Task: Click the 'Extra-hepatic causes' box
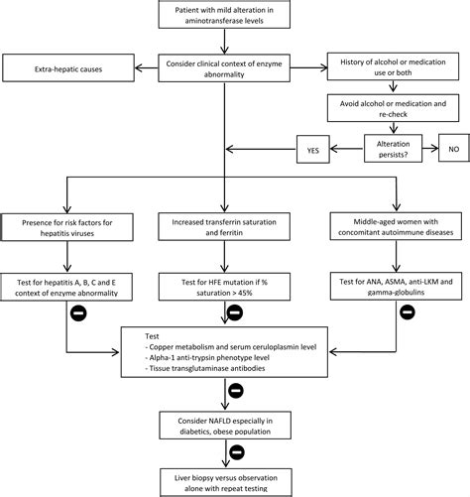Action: pyautogui.click(x=68, y=68)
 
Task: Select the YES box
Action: pyautogui.click(x=313, y=149)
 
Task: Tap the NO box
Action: pyautogui.click(x=454, y=148)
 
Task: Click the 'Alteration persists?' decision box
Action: pyautogui.click(x=393, y=148)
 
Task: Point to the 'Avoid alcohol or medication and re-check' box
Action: pyautogui.click(x=393, y=108)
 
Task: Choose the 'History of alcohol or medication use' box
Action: pyautogui.click(x=393, y=66)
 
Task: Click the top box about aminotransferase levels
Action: pyautogui.click(x=224, y=14)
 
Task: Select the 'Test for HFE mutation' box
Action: pyautogui.click(x=224, y=287)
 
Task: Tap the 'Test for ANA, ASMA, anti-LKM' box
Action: pyautogui.click(x=396, y=286)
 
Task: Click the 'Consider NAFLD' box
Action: pyautogui.click(x=225, y=426)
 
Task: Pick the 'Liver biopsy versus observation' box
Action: pyautogui.click(x=226, y=482)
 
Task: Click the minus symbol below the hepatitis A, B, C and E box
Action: pyautogui.click(x=78, y=312)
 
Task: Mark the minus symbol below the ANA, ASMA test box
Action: pyautogui.click(x=408, y=311)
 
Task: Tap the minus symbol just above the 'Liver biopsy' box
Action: pyautogui.click(x=237, y=452)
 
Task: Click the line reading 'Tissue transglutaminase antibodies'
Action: pyautogui.click(x=205, y=368)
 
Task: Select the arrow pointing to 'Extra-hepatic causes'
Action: pyautogui.click(x=147, y=68)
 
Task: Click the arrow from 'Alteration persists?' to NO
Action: pyautogui.click(x=430, y=148)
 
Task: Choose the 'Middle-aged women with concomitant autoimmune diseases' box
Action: pyautogui.click(x=396, y=226)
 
